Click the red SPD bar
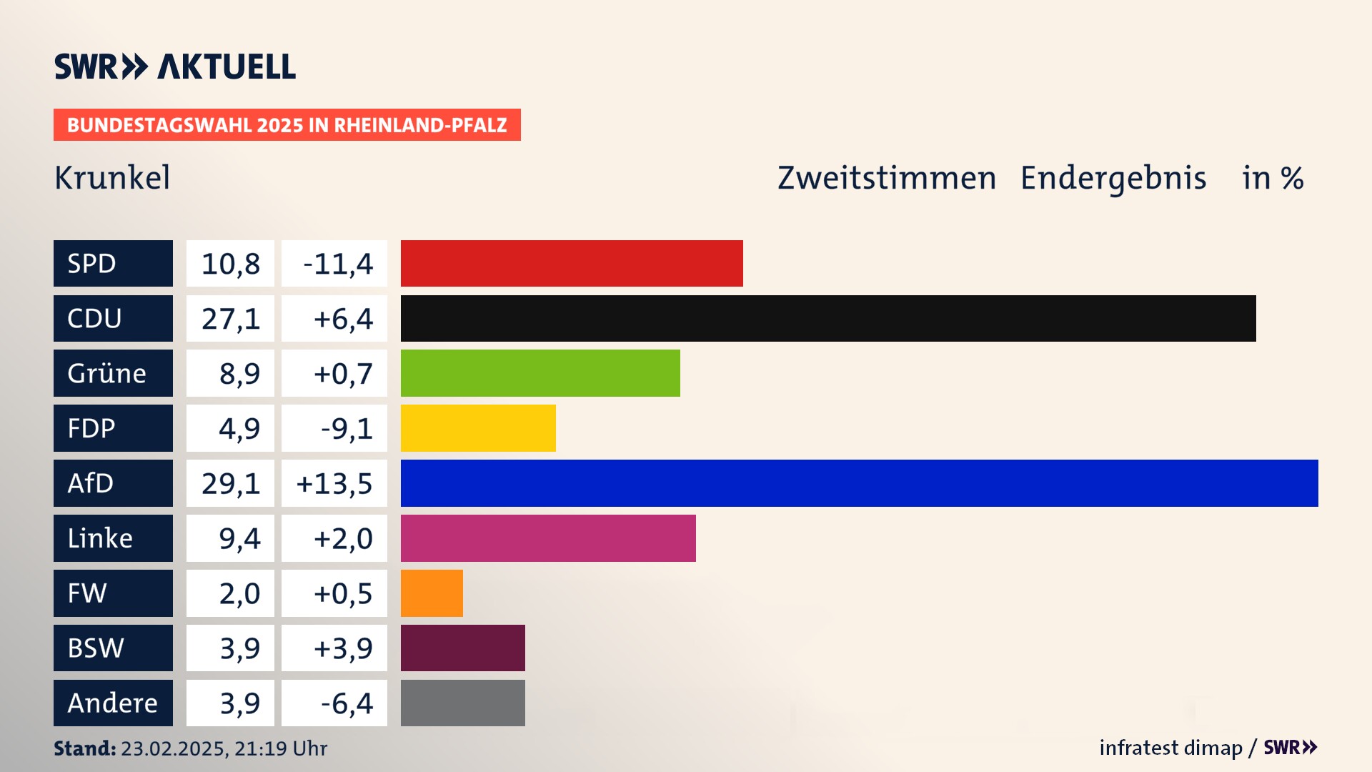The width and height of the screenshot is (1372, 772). pyautogui.click(x=572, y=263)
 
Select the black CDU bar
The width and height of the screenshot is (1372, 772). pyautogui.click(x=827, y=318)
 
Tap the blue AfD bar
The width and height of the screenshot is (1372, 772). pyautogui.click(x=859, y=483)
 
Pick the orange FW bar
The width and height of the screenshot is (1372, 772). pyautogui.click(x=432, y=593)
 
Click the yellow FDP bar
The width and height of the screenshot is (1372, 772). pyautogui.click(x=478, y=428)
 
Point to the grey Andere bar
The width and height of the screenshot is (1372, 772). pyautogui.click(x=462, y=703)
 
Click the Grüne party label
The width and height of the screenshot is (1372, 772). pyautogui.click(x=107, y=373)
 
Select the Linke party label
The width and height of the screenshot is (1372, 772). pyautogui.click(x=101, y=538)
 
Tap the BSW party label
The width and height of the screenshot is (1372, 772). pyautogui.click(x=96, y=648)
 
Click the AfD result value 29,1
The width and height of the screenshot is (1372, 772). pyautogui.click(x=230, y=483)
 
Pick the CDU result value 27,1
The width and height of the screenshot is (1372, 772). pyautogui.click(x=230, y=318)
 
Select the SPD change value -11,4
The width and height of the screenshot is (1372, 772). pyautogui.click(x=337, y=264)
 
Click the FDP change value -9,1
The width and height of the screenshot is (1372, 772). pyautogui.click(x=347, y=428)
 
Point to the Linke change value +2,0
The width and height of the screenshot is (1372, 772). pyautogui.click(x=343, y=538)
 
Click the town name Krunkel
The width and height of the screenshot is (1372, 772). pyautogui.click(x=112, y=177)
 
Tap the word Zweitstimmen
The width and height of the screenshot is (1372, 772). pyautogui.click(x=886, y=177)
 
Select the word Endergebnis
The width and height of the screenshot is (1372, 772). pyautogui.click(x=1113, y=177)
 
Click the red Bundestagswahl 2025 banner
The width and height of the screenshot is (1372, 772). pyautogui.click(x=287, y=125)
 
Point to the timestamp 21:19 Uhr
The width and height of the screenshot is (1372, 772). pyautogui.click(x=281, y=748)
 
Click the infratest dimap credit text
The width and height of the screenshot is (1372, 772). pyautogui.click(x=1170, y=748)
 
